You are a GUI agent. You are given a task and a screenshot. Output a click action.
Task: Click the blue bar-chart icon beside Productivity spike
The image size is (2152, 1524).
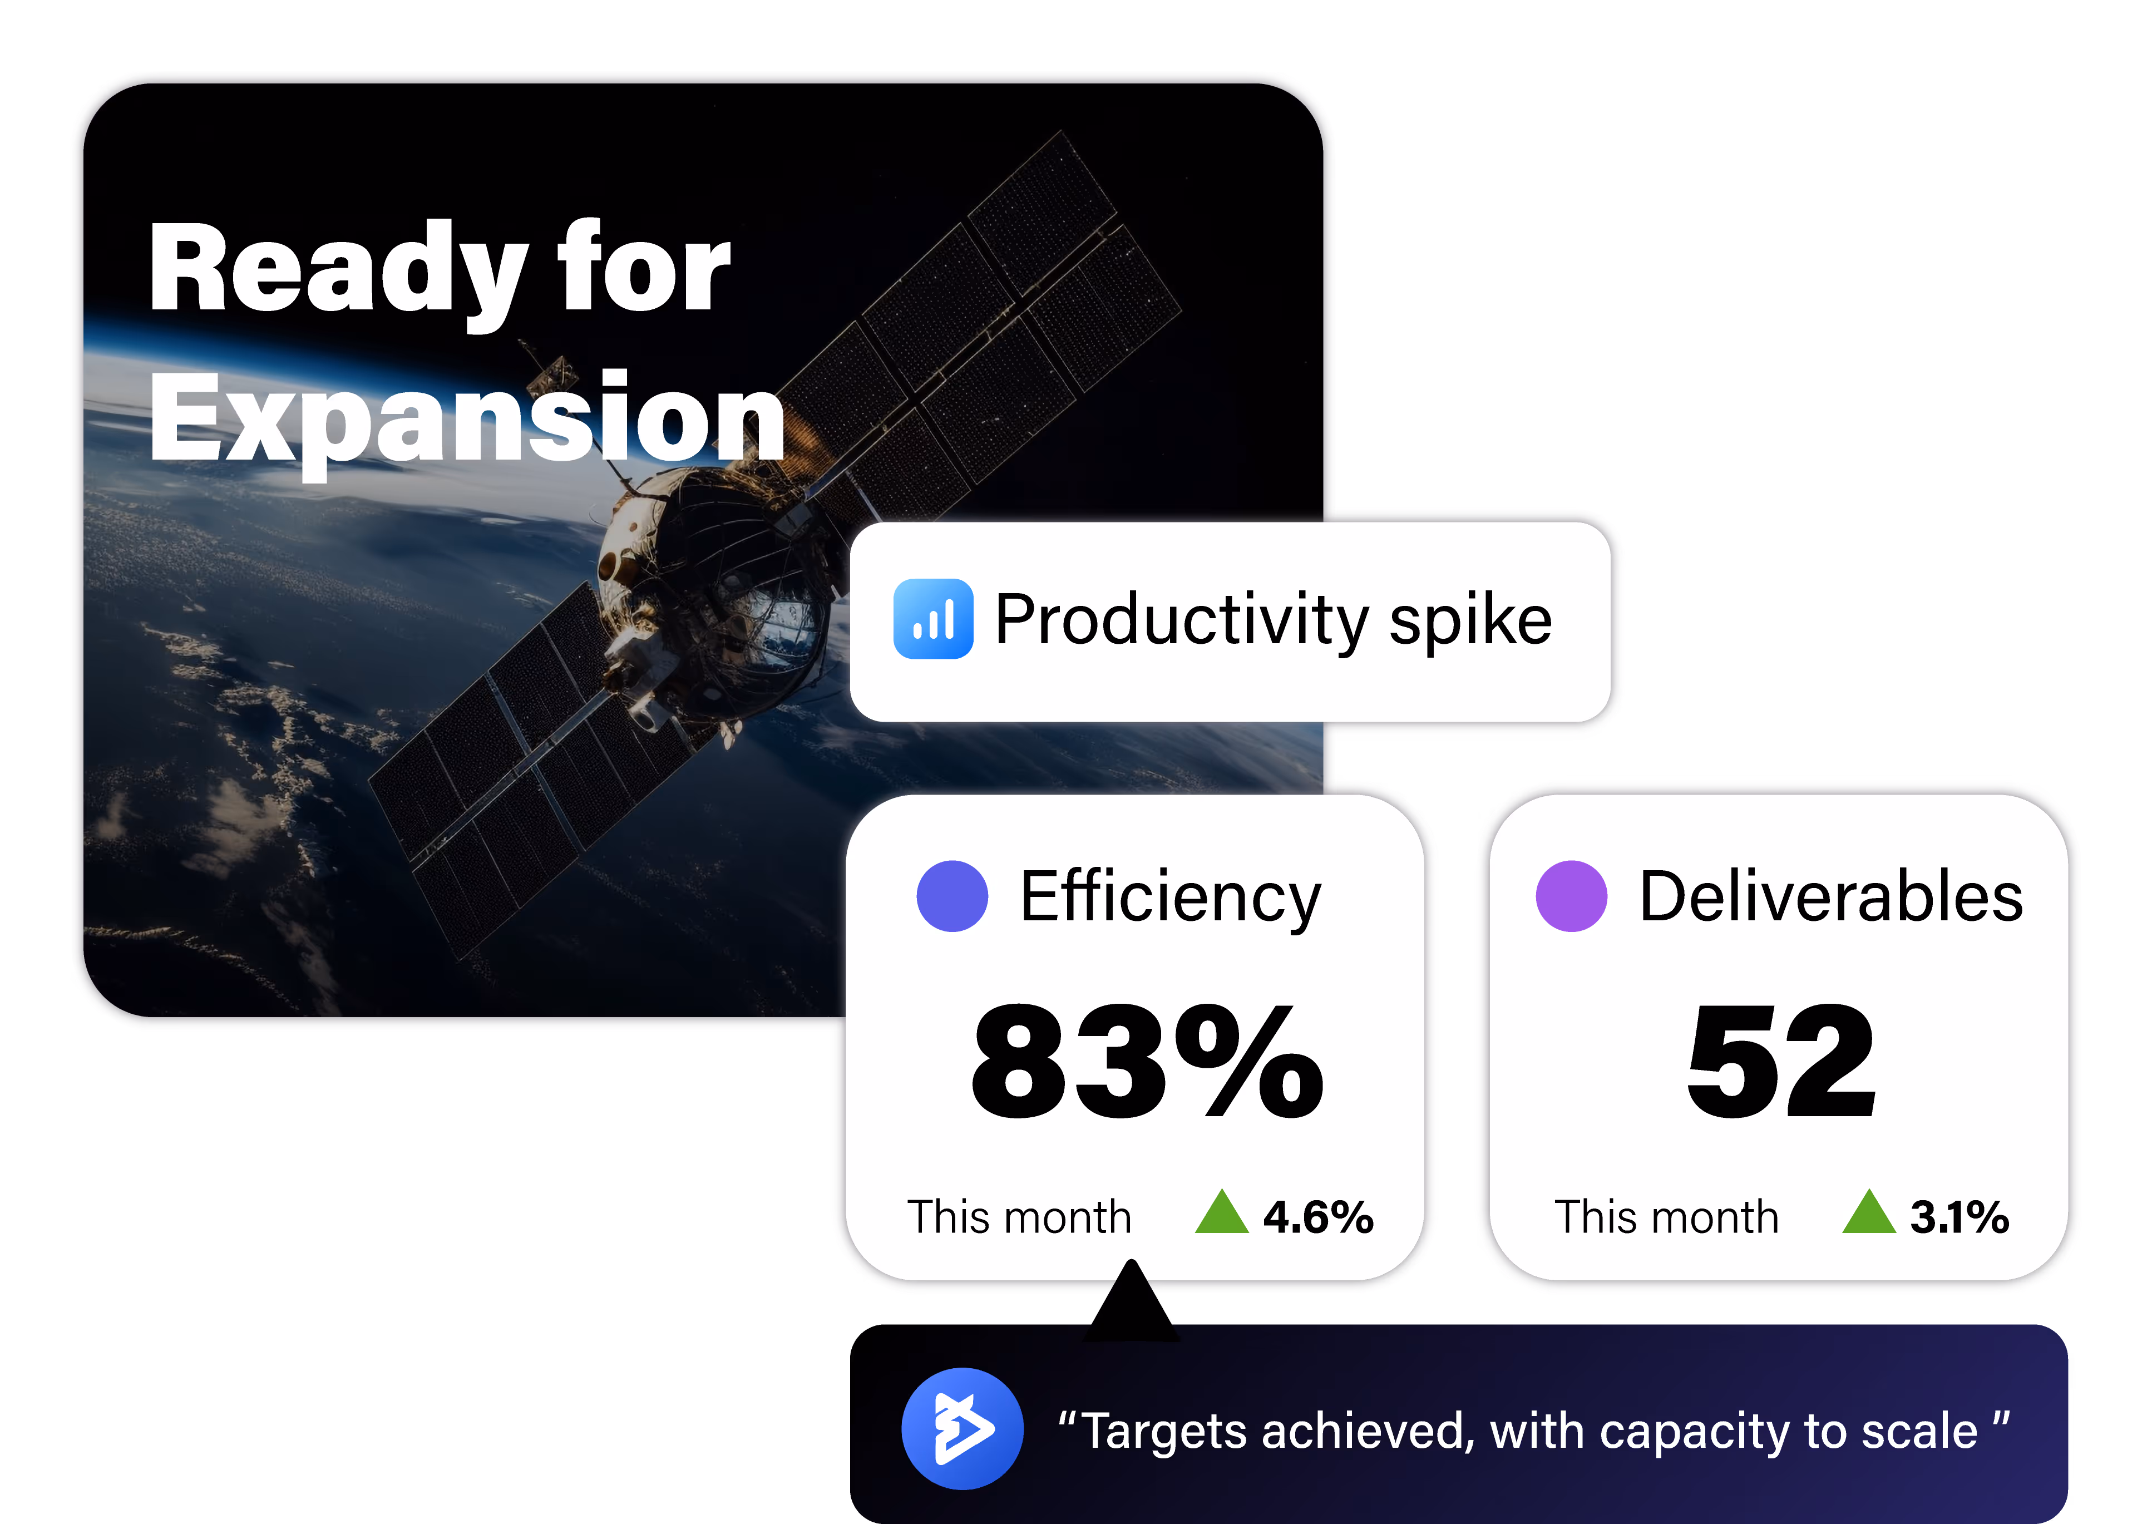pos(932,619)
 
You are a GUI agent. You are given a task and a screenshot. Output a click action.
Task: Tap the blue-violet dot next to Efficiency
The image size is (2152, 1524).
pos(952,896)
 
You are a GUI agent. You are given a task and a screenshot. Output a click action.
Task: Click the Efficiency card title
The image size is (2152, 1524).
pos(1170,898)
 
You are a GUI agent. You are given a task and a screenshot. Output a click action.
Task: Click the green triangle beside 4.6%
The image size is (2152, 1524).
pos(1221,1214)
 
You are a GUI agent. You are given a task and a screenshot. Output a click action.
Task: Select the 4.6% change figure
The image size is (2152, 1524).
pos(1318,1217)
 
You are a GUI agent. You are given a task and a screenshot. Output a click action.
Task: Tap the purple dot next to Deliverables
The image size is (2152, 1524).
pos(1571,896)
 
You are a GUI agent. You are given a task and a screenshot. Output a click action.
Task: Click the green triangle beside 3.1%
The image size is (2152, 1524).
pos(1869,1214)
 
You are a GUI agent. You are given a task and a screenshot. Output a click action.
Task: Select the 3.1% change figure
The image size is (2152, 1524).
pos(1959,1217)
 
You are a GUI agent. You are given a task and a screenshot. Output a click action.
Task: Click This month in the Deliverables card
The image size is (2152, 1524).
pos(1666,1217)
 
